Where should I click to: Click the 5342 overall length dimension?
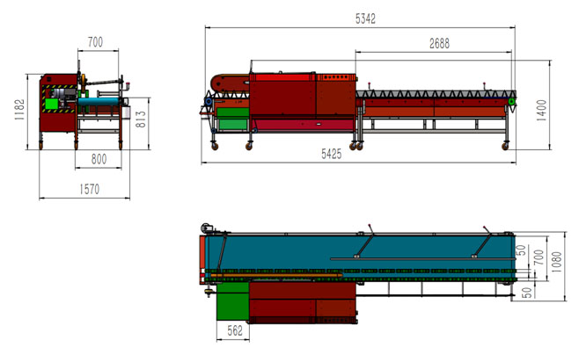pos(365,18)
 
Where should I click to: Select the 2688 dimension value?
pos(439,44)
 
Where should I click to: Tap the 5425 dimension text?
pos(331,154)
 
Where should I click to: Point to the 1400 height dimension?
pos(541,110)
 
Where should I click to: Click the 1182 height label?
pos(19,110)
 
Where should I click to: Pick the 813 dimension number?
pos(141,119)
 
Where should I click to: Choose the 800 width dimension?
pos(99,159)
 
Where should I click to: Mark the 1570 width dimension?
pos(90,190)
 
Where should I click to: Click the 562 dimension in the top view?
pos(235,330)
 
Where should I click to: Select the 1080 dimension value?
pos(556,262)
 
